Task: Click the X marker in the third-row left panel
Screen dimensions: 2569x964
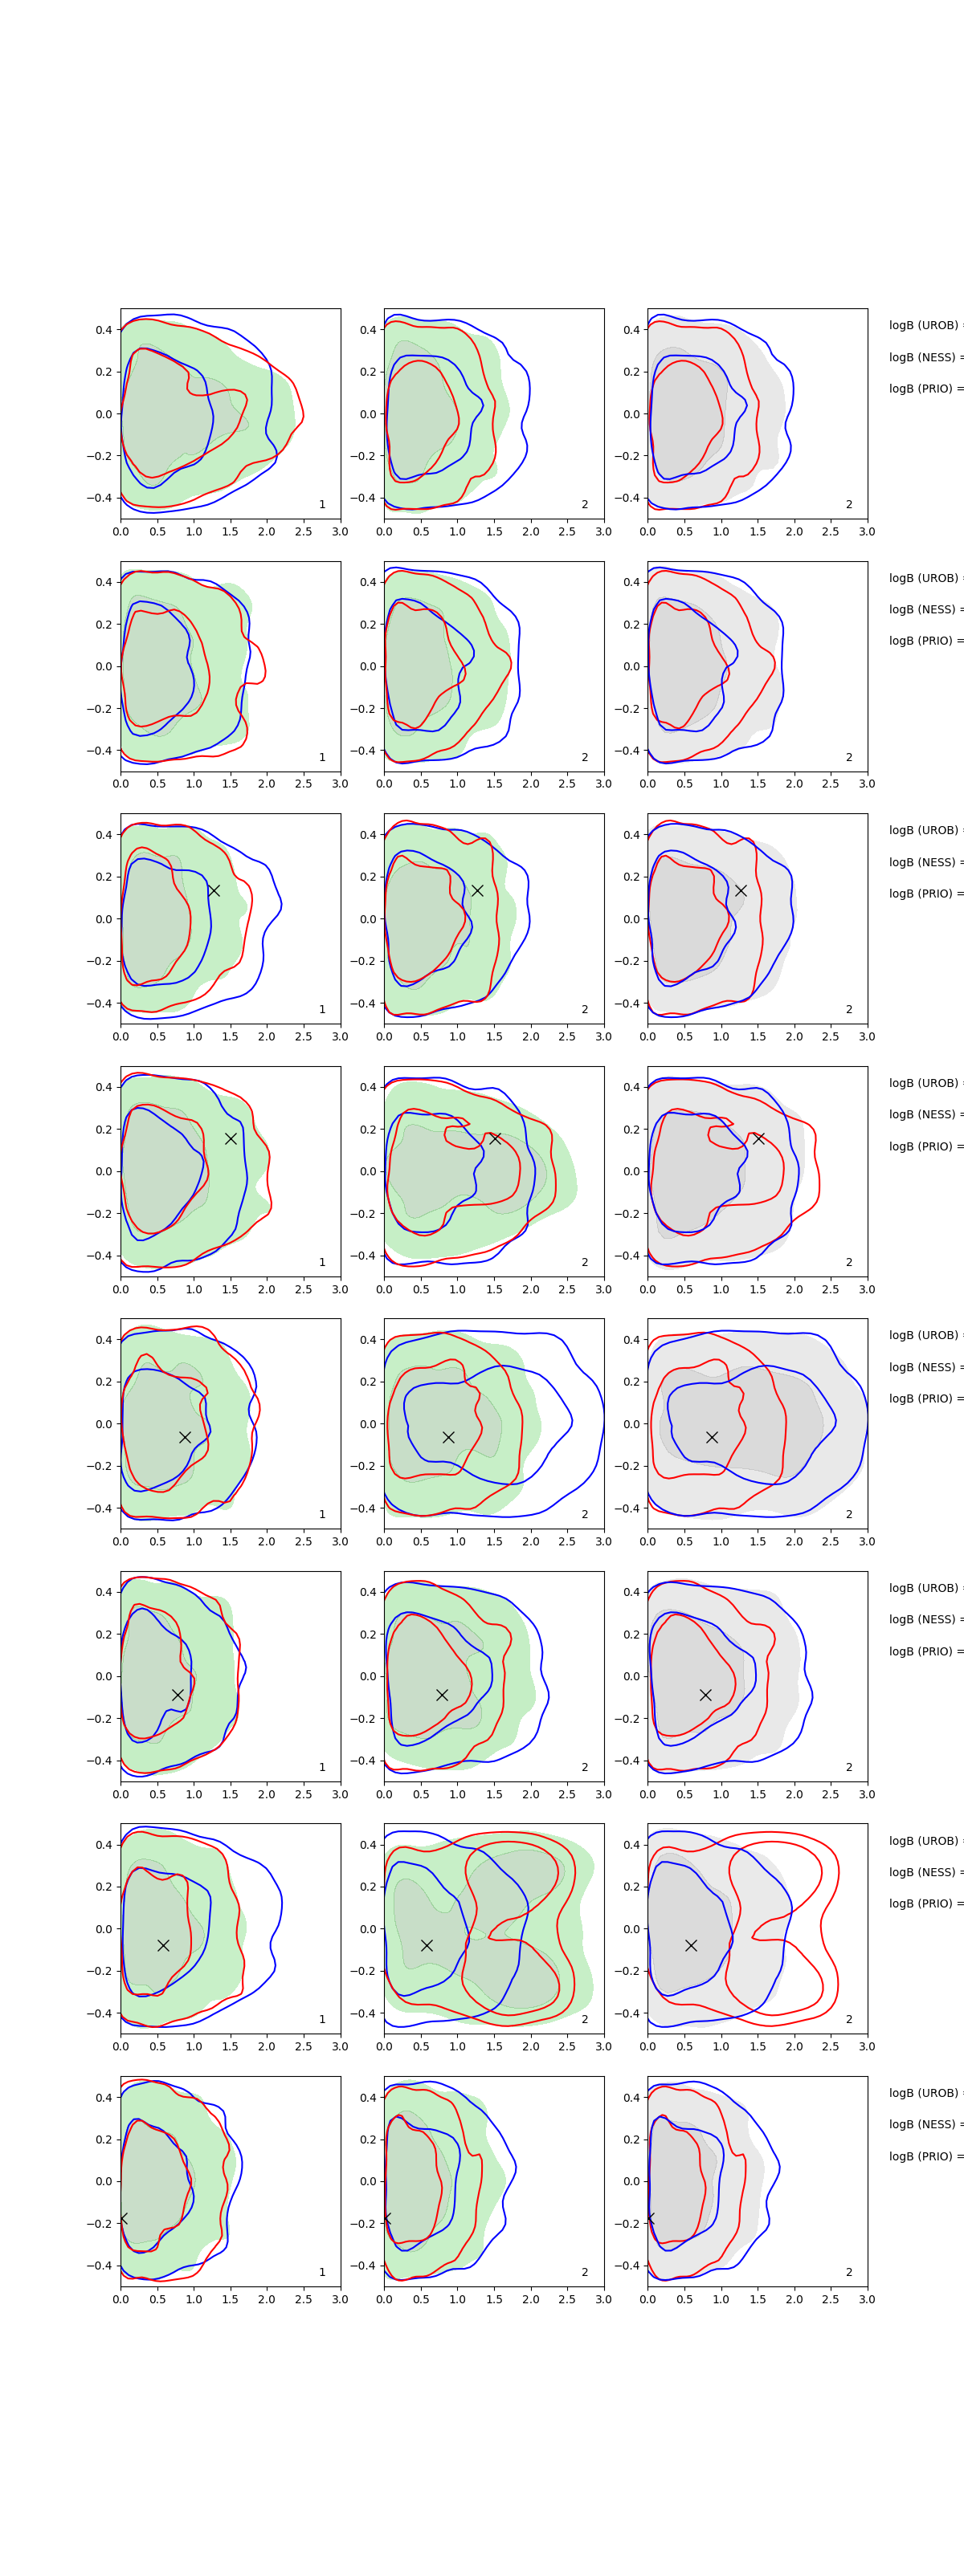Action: coord(214,890)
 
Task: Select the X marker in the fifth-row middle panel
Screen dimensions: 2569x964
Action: coord(448,1437)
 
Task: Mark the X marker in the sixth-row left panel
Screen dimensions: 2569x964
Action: coord(178,1695)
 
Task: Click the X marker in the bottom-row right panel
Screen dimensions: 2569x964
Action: coord(650,2218)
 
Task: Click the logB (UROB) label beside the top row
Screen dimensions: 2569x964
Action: coord(924,325)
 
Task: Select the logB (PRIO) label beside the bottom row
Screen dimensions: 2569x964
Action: coord(924,2156)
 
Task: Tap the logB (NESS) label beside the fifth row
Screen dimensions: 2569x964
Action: coord(924,1366)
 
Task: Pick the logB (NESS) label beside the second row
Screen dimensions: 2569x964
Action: coord(924,609)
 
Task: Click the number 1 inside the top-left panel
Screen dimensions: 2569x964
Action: coord(321,505)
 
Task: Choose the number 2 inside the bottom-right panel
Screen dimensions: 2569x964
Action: coord(849,2272)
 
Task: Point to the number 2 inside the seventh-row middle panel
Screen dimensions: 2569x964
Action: coord(585,2020)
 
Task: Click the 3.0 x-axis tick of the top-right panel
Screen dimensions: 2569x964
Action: coord(866,531)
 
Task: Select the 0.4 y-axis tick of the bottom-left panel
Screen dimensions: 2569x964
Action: coord(104,2097)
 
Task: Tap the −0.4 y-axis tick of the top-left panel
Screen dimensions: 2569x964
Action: coord(100,498)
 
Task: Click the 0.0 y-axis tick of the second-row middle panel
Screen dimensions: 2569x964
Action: coord(367,666)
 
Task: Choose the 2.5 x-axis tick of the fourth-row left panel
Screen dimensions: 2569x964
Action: coord(304,1289)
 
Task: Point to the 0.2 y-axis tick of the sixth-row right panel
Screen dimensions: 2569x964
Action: coord(631,1635)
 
